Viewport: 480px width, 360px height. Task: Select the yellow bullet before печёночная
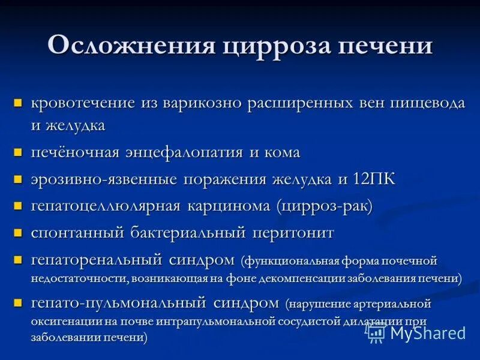point(19,153)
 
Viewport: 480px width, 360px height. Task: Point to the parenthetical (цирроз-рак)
point(325,206)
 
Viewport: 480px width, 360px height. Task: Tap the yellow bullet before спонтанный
point(19,233)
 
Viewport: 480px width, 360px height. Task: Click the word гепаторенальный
point(97,259)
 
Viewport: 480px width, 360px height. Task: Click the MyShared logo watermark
point(418,332)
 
